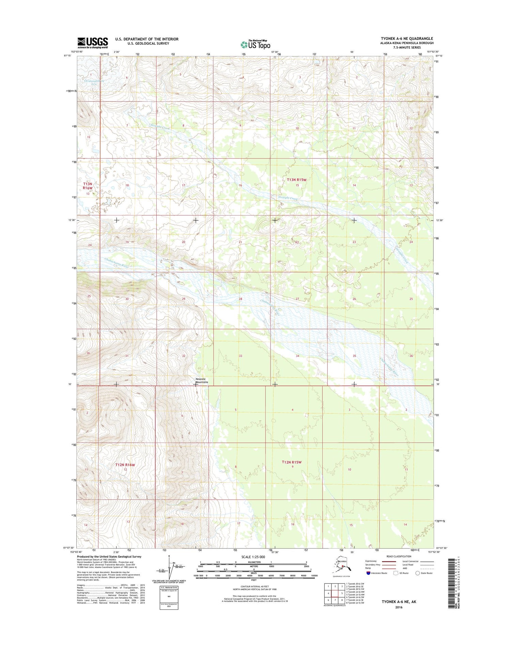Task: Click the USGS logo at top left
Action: click(92, 43)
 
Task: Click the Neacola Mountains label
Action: click(202, 380)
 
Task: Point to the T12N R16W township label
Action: click(125, 465)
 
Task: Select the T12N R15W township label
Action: click(292, 462)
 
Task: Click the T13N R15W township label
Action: click(296, 179)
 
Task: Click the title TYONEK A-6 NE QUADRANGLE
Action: click(407, 38)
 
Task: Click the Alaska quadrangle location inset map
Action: click(342, 566)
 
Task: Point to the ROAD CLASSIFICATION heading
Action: click(399, 556)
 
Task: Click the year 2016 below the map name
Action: click(399, 607)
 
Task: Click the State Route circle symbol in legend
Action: click(417, 573)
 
